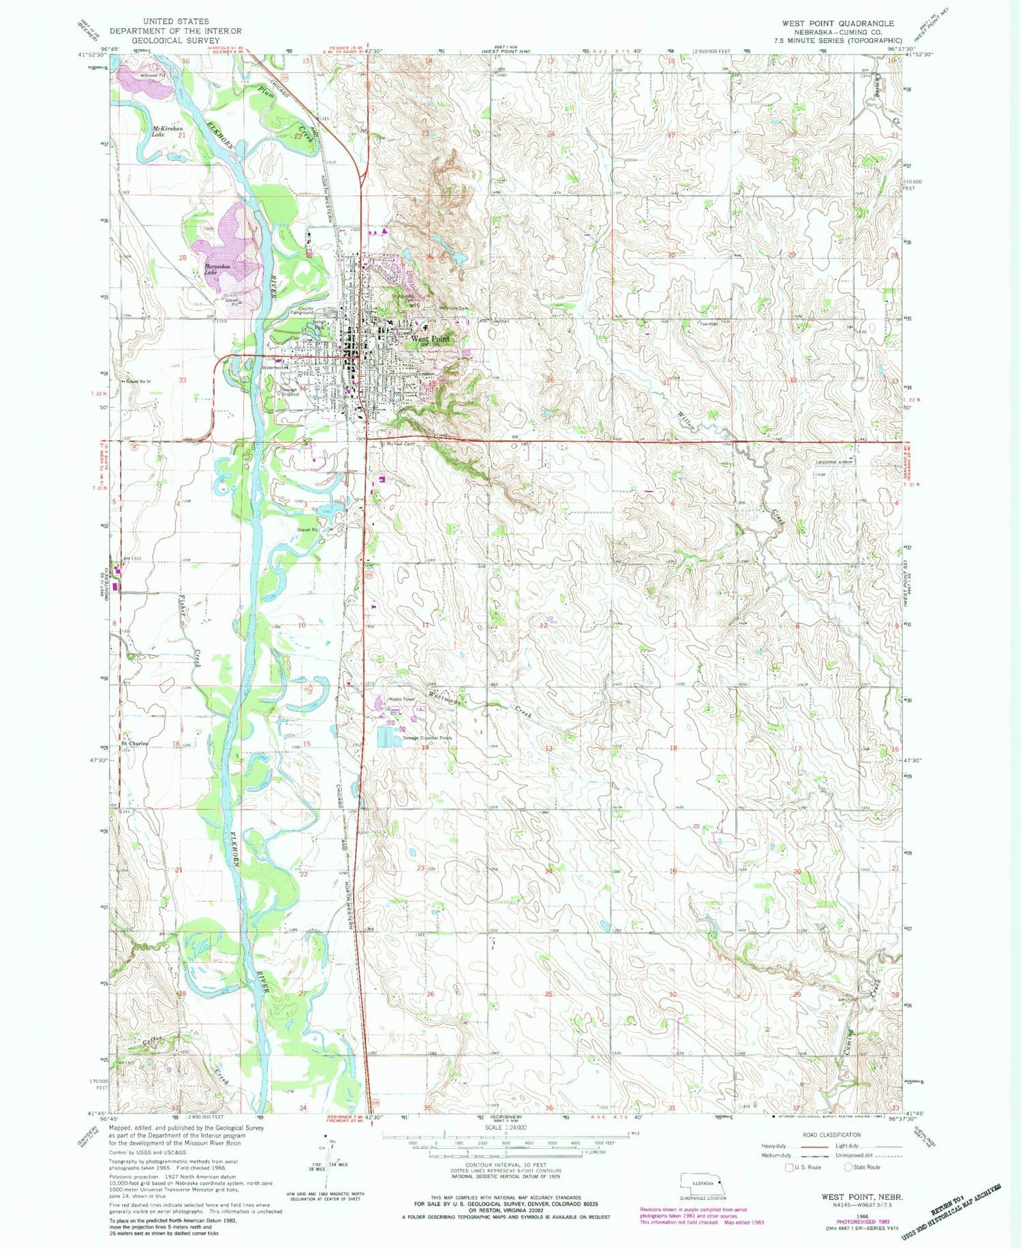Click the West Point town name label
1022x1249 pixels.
click(x=429, y=338)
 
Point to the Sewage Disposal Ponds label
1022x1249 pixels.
click(x=427, y=738)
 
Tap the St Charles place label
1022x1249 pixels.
click(x=134, y=743)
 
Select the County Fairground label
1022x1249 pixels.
click(x=300, y=310)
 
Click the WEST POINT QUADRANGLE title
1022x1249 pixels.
click(x=837, y=23)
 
